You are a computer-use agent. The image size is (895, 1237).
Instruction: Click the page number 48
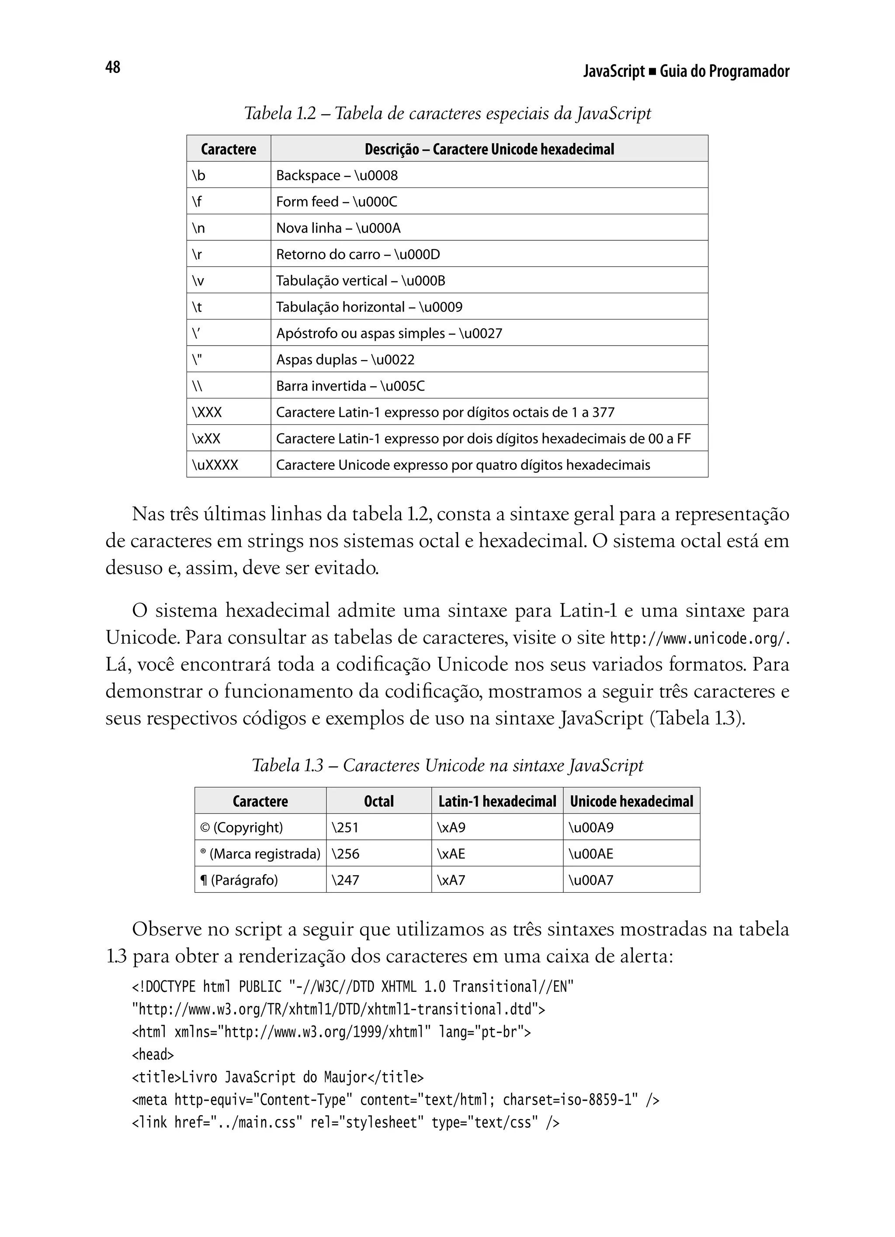point(112,67)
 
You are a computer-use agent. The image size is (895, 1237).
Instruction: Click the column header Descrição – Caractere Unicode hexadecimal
point(489,149)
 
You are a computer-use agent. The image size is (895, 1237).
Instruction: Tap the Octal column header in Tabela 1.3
point(378,801)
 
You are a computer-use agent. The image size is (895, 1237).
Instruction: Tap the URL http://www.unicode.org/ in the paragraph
point(697,638)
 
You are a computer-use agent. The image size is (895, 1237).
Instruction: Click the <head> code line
point(153,1055)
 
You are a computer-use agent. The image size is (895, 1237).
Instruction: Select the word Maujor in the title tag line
point(345,1077)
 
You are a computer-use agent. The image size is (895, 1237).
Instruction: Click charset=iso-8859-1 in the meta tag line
point(570,1100)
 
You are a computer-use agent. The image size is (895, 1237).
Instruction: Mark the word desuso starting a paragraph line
point(134,568)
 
